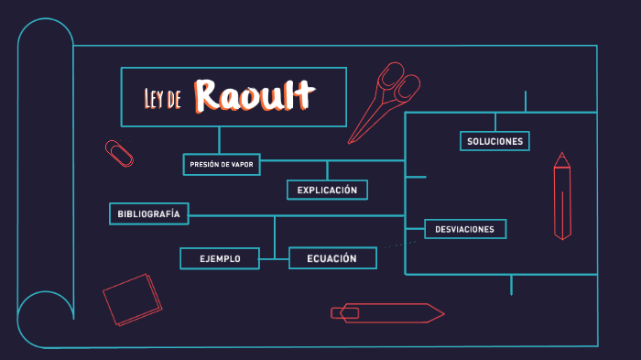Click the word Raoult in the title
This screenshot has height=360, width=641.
point(255,95)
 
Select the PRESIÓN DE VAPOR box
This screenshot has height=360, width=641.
point(221,164)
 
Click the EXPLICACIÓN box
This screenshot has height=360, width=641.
point(327,190)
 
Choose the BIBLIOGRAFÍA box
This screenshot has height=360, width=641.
point(148,213)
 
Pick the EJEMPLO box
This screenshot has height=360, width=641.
point(220,259)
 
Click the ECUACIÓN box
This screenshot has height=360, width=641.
point(332,258)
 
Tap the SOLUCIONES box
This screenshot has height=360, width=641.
point(494,141)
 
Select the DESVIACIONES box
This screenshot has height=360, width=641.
point(464,229)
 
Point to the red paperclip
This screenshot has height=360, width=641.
point(119,153)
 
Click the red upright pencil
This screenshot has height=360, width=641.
point(562,197)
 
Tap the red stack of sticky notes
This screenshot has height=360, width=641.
point(132,299)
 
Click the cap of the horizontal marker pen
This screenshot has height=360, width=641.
point(345,313)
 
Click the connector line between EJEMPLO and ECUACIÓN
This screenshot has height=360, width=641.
point(274,260)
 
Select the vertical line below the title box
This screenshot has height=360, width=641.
point(219,139)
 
